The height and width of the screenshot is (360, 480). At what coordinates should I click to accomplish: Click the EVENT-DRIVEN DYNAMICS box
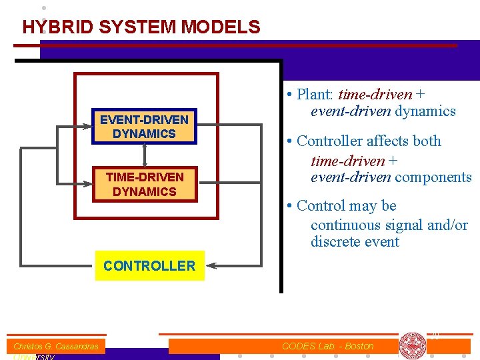tap(144, 127)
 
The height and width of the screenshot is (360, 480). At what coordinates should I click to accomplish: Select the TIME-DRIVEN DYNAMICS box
tap(144, 184)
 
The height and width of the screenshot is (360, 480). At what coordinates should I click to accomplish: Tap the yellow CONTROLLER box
tap(149, 265)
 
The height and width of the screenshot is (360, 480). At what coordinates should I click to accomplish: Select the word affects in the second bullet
tap(389, 141)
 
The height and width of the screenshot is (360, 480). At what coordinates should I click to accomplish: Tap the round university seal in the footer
tap(412, 346)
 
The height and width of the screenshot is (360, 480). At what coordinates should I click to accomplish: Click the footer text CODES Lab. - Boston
tap(327, 346)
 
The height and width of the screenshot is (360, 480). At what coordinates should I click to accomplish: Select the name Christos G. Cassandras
tap(56, 347)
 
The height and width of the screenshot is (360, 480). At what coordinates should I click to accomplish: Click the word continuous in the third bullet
tap(343, 225)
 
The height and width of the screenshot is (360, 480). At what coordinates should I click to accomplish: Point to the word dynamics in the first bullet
tap(425, 111)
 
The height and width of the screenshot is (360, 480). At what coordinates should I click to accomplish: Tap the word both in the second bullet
tap(427, 141)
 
